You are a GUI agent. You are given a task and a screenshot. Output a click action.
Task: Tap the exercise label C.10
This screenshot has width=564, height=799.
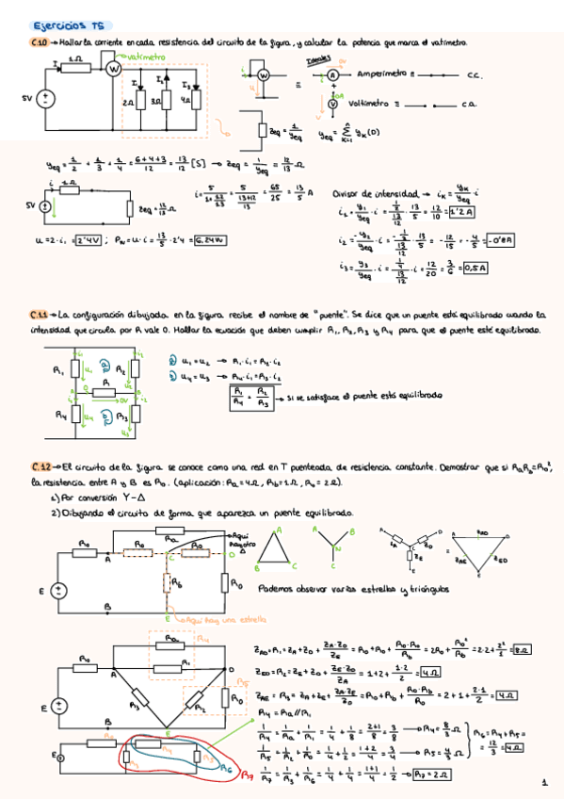(x=40, y=43)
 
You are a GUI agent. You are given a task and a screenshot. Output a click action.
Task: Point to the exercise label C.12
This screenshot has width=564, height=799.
(x=40, y=467)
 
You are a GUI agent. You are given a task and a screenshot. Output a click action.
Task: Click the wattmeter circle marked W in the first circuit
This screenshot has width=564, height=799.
(x=114, y=69)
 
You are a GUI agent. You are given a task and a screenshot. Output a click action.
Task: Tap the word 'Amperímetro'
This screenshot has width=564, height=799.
(x=381, y=73)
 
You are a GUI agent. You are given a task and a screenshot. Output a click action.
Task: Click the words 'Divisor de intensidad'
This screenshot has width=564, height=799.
(x=368, y=190)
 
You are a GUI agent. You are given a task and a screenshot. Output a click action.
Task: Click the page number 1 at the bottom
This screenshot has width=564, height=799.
(x=544, y=782)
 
